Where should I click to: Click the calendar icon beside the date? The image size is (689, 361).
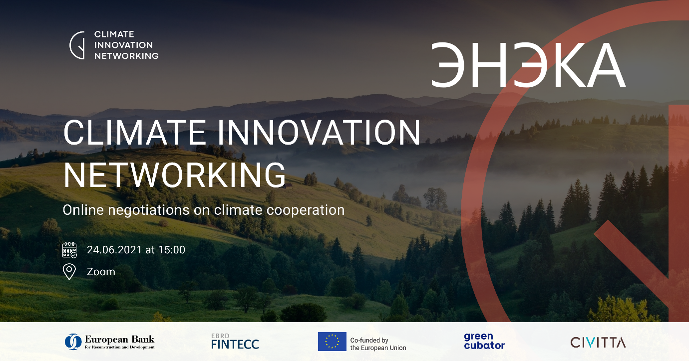[69, 250]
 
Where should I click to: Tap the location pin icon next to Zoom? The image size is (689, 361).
[69, 272]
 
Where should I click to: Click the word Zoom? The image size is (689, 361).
[101, 272]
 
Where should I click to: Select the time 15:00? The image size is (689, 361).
[172, 250]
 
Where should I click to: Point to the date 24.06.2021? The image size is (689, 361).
[114, 250]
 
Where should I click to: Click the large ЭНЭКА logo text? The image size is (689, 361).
[528, 65]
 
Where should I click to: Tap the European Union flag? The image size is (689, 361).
[332, 342]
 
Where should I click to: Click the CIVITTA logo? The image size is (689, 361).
[598, 342]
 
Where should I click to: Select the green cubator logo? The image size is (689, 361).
[484, 341]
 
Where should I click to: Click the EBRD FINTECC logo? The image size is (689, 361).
[235, 341]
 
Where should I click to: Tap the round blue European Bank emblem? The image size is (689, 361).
[73, 342]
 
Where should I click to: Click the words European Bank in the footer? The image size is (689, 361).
[119, 339]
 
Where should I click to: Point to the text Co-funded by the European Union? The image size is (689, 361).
[378, 344]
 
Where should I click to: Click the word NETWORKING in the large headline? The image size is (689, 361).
[174, 175]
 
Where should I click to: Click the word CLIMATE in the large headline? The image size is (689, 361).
[134, 132]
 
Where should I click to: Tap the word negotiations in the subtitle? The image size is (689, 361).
[149, 210]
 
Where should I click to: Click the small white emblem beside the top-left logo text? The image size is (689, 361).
[77, 45]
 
